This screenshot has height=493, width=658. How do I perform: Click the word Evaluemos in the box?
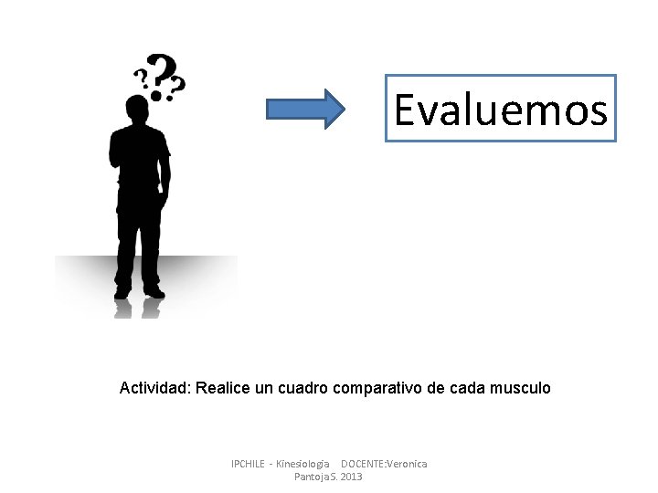point(501,110)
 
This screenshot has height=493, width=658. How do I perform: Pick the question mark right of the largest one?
point(177,85)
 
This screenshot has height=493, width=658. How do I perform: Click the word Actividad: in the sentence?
point(154,388)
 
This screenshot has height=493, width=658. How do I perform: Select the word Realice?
point(220,388)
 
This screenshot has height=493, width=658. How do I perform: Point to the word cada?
point(467,388)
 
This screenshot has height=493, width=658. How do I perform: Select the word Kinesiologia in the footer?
point(302,464)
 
